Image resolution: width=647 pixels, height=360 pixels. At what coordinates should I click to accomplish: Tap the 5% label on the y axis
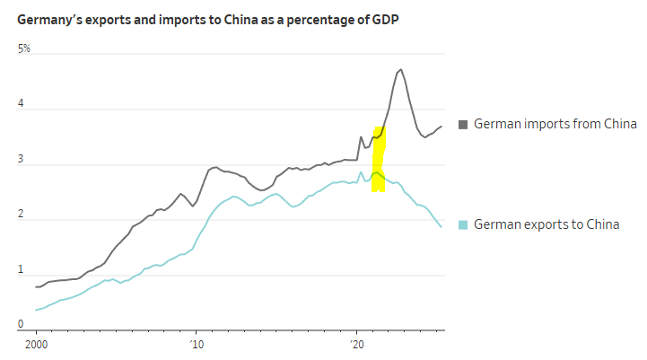[x=24, y=48]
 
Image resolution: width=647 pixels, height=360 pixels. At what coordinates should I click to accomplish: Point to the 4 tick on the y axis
[x=22, y=103]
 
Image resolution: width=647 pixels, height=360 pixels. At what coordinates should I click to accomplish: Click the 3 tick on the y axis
[x=22, y=159]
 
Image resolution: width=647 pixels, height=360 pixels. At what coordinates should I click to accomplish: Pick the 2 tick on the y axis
[x=22, y=214]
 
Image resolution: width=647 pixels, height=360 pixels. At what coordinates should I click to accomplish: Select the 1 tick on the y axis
[x=22, y=269]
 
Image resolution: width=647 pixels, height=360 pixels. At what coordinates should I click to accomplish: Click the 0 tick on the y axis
[x=22, y=324]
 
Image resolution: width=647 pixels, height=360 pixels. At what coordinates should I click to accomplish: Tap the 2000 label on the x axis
[x=36, y=344]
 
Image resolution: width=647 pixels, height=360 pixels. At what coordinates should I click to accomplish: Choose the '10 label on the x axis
[x=196, y=344]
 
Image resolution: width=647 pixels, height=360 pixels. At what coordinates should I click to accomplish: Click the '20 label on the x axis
[x=355, y=344]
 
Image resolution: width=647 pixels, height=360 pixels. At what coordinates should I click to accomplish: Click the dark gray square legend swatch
[x=463, y=124]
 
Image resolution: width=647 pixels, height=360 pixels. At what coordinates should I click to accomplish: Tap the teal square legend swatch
[x=463, y=224]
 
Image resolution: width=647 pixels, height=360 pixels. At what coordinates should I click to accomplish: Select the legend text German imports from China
[x=555, y=124]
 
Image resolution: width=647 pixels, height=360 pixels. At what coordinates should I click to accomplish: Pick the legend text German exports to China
[x=546, y=224]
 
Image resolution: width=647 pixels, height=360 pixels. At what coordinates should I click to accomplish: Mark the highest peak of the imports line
[x=400, y=69]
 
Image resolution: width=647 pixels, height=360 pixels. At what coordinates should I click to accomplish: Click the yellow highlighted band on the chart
[x=379, y=160]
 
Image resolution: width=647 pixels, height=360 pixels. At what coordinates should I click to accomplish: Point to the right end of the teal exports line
[x=442, y=227]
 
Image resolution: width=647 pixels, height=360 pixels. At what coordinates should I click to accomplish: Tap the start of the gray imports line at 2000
[x=36, y=287]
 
